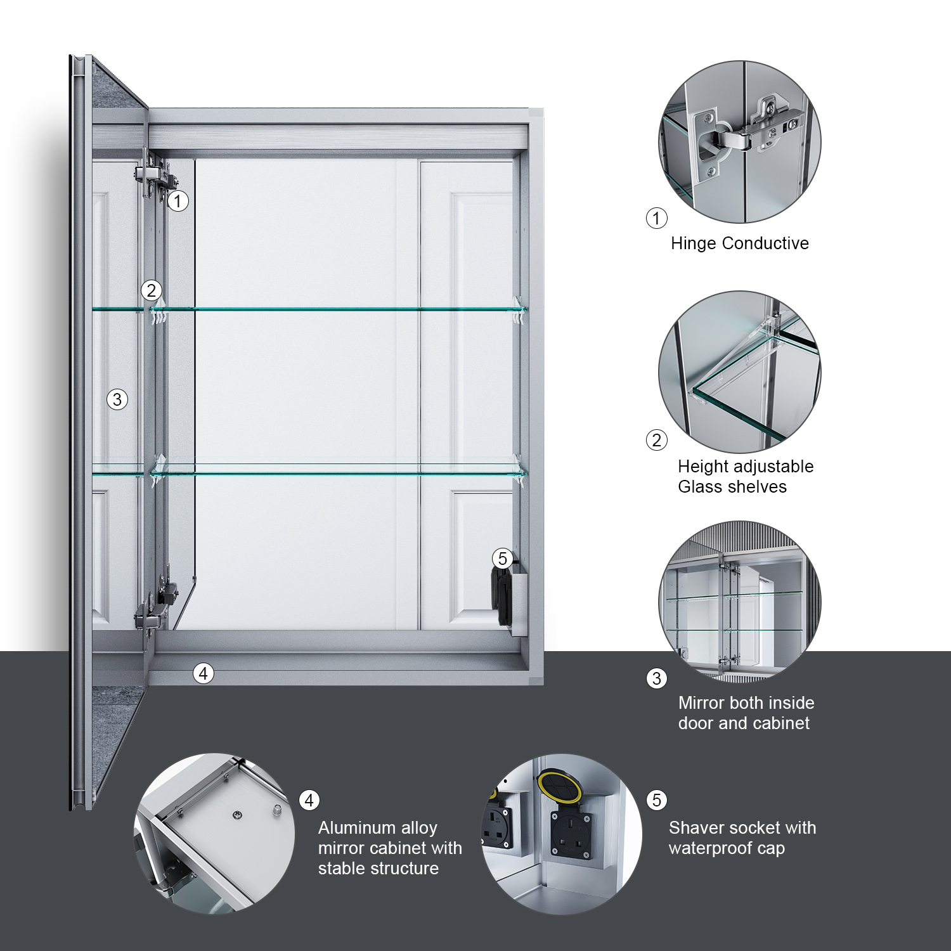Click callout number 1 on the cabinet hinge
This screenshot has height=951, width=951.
[x=178, y=201]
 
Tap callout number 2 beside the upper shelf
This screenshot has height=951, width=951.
[x=151, y=290]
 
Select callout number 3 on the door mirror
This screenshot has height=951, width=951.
[x=117, y=399]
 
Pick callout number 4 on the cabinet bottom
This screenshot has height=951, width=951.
[x=204, y=673]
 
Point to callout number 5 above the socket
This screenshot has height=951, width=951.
[x=503, y=559]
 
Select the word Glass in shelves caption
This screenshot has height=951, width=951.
[x=700, y=487]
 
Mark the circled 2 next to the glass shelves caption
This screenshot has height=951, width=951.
[x=657, y=440]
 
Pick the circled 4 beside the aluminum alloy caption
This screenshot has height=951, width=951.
[x=309, y=801]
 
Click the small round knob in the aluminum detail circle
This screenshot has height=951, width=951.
[x=277, y=810]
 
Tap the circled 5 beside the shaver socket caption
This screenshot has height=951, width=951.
[x=657, y=800]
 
